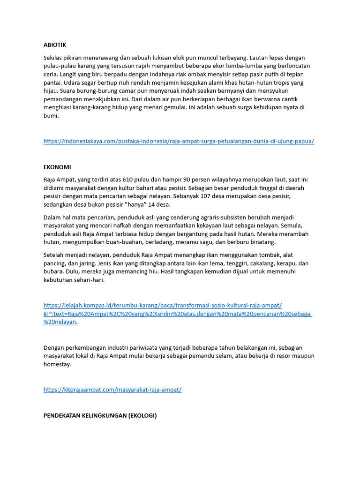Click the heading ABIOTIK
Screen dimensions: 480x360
[55, 45]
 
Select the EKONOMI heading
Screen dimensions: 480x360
[57, 167]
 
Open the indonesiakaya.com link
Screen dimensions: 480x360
[179, 141]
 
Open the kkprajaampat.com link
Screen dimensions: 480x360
[112, 390]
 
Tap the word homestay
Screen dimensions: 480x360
[57, 364]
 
